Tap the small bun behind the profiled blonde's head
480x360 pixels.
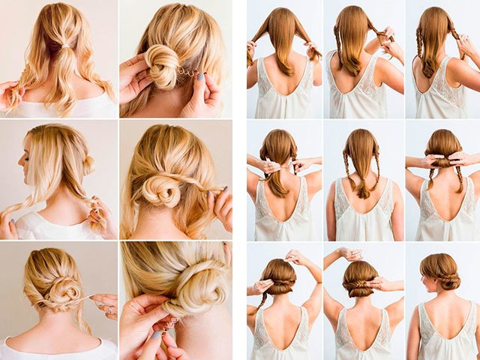88,164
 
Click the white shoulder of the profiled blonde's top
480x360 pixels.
34,224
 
